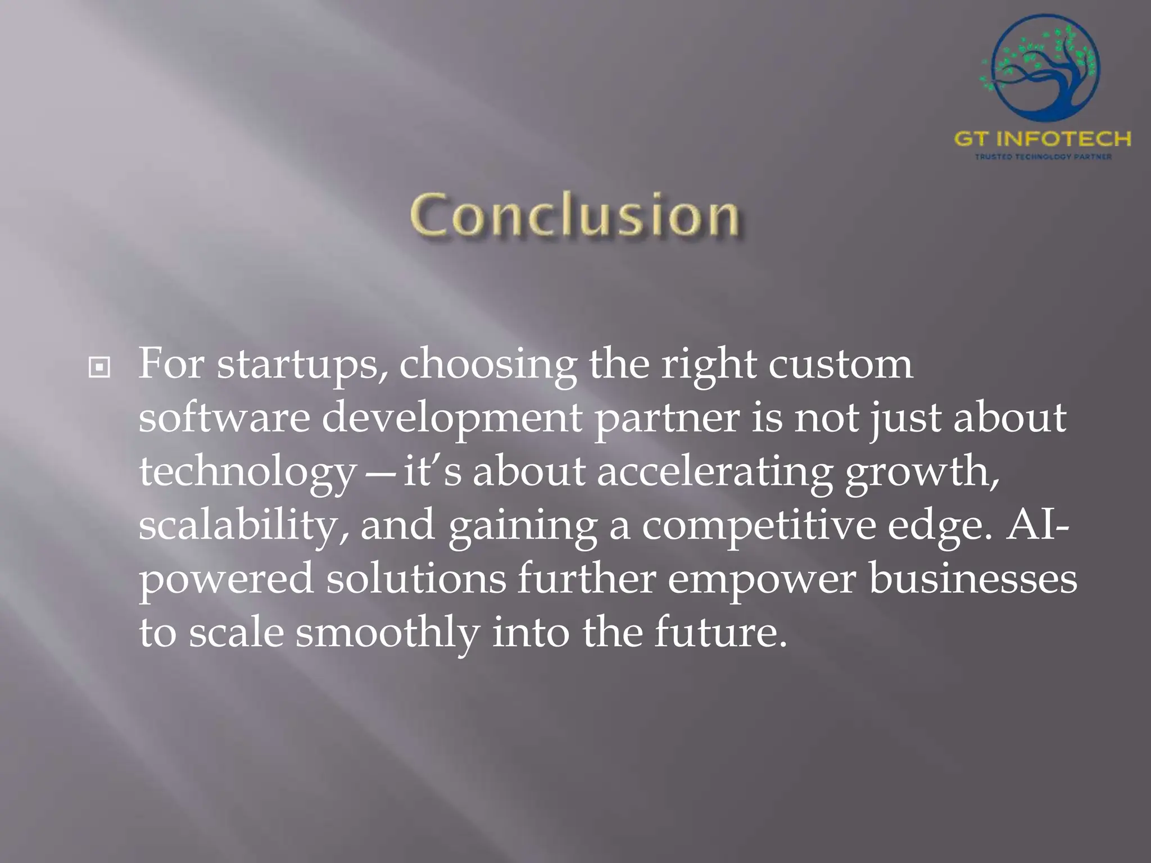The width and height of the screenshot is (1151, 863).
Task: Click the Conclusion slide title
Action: click(x=574, y=216)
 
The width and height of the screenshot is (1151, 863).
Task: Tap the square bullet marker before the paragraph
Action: click(x=99, y=368)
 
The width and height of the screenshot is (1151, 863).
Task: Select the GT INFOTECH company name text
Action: click(x=1043, y=139)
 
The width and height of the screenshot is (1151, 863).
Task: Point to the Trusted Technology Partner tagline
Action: click(x=1043, y=157)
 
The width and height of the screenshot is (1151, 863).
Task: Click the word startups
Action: click(x=302, y=365)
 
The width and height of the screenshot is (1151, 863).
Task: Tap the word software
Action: click(x=224, y=418)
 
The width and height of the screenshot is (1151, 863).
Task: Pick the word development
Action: click(x=452, y=419)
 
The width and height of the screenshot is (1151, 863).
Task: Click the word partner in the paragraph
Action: click(x=667, y=419)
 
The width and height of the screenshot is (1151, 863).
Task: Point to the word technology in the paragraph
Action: click(x=247, y=473)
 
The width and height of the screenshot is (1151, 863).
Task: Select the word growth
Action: click(x=922, y=473)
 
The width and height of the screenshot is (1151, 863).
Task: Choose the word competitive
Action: click(x=759, y=526)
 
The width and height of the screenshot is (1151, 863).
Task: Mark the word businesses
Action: click(x=973, y=579)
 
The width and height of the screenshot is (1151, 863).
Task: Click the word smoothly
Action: click(x=387, y=633)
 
